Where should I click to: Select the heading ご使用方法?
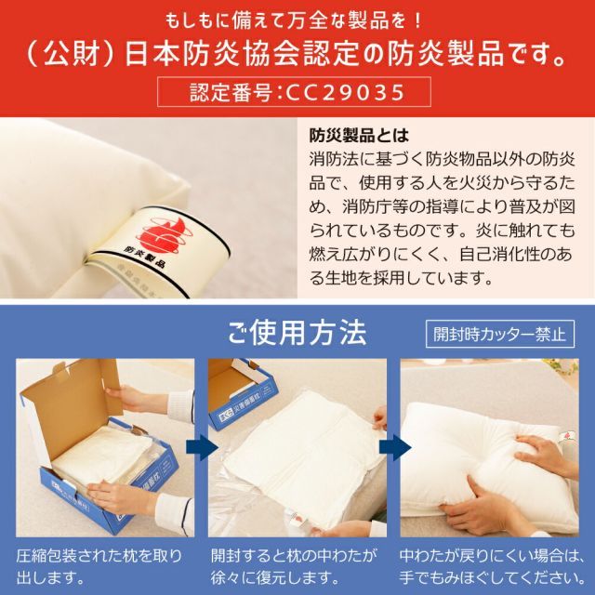pyautogui.click(x=297, y=332)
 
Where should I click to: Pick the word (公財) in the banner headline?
pyautogui.click(x=70, y=54)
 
